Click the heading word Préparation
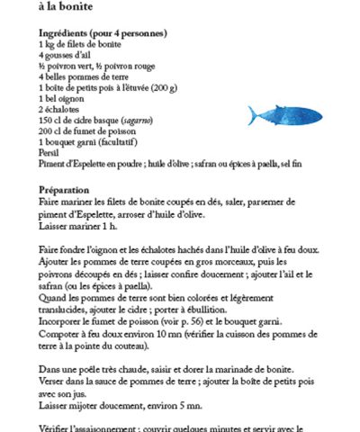65,190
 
